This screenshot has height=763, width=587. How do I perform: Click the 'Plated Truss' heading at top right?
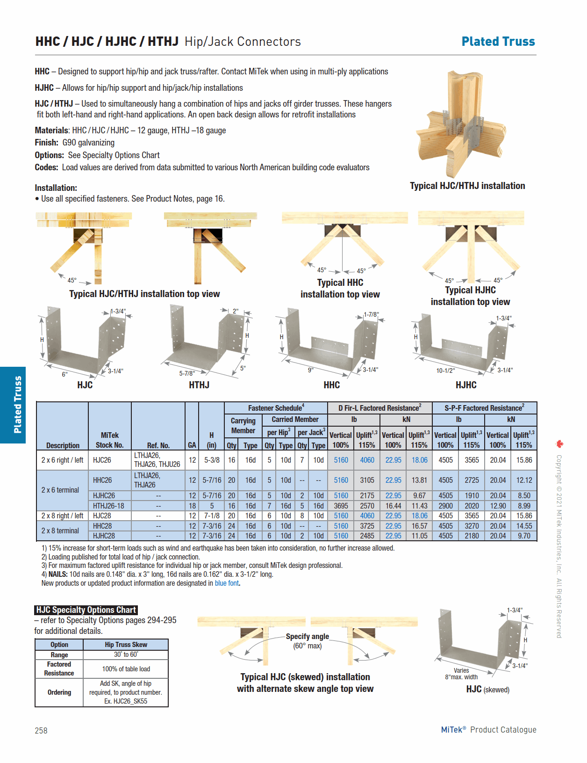[498, 42]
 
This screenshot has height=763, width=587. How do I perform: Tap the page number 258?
[41, 730]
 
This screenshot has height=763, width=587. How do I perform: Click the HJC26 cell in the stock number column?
[102, 460]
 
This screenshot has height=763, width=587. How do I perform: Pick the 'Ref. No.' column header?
[158, 445]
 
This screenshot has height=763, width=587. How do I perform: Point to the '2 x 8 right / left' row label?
[62, 516]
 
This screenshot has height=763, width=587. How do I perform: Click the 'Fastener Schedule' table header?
[276, 408]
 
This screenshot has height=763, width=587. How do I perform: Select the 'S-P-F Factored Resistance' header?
[484, 408]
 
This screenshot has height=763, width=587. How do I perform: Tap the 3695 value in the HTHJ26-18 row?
[341, 506]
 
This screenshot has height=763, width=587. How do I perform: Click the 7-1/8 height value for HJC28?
[212, 516]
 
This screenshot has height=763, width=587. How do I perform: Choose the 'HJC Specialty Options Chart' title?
[86, 610]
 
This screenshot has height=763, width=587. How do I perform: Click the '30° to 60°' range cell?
[126, 654]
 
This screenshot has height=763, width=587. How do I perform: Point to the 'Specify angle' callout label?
[307, 636]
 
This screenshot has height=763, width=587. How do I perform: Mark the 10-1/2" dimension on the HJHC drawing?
[445, 371]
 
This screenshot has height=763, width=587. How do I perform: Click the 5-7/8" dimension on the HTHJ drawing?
[187, 373]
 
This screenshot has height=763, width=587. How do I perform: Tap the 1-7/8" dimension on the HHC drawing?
[371, 314]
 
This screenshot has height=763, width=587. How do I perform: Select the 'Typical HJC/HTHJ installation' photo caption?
[467, 186]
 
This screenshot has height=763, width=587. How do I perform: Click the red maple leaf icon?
[559, 443]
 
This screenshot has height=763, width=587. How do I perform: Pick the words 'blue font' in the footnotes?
[227, 583]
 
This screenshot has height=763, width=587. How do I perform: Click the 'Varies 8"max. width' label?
[461, 674]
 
